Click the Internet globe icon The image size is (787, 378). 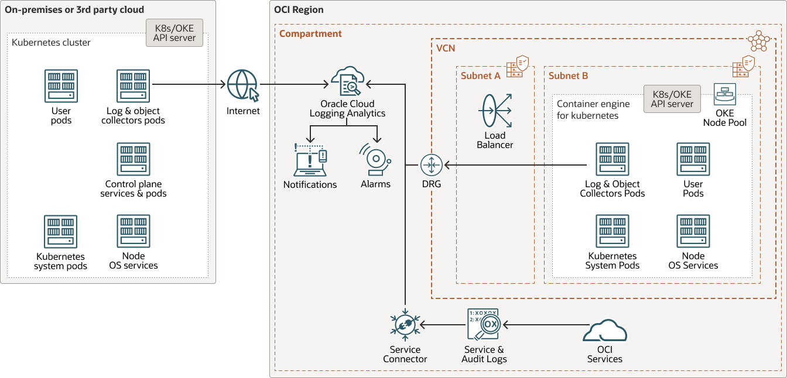242,85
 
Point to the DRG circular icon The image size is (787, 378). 430,165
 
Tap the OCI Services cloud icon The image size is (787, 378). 605,332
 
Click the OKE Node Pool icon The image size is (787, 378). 725,94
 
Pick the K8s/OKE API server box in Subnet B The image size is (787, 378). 672,99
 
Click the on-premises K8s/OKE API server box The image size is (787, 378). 174,33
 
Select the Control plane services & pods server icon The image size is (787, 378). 134,159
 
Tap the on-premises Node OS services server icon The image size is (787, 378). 134,232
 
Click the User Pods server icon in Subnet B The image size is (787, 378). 693,159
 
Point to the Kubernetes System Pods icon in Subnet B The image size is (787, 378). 613,231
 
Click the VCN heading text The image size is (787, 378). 446,48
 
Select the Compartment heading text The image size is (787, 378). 310,34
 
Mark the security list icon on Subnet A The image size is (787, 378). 517,66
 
